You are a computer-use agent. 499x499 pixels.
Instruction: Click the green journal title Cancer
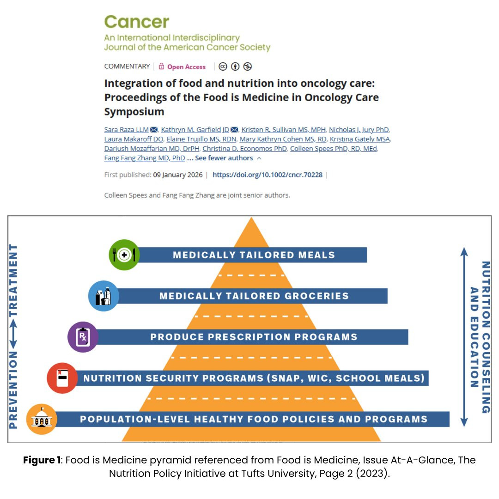[x=136, y=22]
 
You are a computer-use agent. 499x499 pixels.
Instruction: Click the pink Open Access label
[x=186, y=67]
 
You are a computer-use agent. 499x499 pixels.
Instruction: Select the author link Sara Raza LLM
[x=126, y=130]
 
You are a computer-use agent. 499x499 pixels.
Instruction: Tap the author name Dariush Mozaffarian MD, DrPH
[x=152, y=149]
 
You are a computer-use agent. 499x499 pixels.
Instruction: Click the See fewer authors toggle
[x=224, y=158]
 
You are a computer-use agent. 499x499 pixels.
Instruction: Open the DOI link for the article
[x=268, y=175]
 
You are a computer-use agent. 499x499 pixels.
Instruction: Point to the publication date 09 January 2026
[x=177, y=175]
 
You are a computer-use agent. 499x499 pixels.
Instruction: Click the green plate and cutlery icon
[x=124, y=255]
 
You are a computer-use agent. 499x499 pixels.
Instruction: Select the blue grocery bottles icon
[x=103, y=296]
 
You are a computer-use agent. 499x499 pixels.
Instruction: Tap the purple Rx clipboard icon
[x=83, y=337]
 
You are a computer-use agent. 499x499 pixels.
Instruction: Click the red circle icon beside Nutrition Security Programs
[x=62, y=378]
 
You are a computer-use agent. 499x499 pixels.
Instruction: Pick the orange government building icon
[x=42, y=419]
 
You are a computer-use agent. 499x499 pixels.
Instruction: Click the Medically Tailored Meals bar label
[x=254, y=255]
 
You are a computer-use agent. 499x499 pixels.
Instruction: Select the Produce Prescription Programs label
[x=254, y=337]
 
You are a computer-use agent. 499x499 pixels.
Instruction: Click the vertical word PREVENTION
[x=13, y=390]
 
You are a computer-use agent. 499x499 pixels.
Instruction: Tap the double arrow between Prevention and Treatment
[x=13, y=334]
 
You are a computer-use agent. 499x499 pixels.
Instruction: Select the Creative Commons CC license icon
[x=223, y=67]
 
